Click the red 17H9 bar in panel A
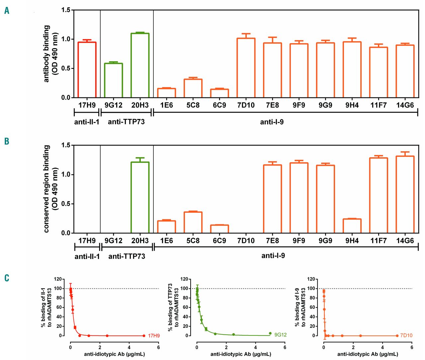87,70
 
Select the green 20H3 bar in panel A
140,65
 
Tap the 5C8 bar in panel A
193,88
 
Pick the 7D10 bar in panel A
246,68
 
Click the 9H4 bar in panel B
352,226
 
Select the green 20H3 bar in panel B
140,197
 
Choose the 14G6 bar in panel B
405,194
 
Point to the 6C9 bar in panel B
219,229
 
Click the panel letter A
7,11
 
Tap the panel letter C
7,278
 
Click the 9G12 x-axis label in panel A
113,105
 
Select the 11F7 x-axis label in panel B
379,240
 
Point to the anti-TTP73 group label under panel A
126,122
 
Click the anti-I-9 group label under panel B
273,256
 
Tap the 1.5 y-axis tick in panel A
66,10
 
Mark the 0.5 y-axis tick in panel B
66,204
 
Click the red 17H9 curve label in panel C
154,336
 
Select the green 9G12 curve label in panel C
281,335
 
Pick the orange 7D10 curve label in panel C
406,336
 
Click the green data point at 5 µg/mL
270,333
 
